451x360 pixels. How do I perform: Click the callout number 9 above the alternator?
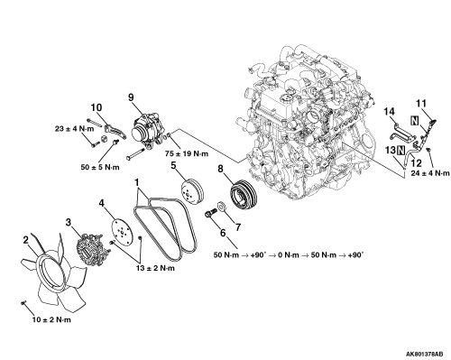click(x=131, y=97)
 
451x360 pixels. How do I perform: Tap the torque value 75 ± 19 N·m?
click(x=187, y=153)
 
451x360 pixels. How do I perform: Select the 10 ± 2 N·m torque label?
click(x=51, y=319)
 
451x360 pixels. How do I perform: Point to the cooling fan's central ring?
click(x=51, y=272)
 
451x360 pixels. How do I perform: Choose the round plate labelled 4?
click(x=122, y=234)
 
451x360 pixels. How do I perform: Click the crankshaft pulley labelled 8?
click(x=243, y=195)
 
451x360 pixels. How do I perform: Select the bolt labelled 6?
click(x=211, y=213)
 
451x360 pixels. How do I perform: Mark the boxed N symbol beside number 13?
click(x=401, y=150)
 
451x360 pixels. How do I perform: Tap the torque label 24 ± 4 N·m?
click(x=430, y=173)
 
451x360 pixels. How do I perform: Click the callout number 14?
click(x=389, y=112)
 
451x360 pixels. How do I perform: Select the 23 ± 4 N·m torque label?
click(x=74, y=129)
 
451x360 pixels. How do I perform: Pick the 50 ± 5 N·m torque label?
click(x=100, y=167)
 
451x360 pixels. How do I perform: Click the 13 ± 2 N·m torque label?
click(x=155, y=268)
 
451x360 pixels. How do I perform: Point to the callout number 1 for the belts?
click(x=137, y=182)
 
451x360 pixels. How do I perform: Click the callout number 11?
click(x=421, y=104)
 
